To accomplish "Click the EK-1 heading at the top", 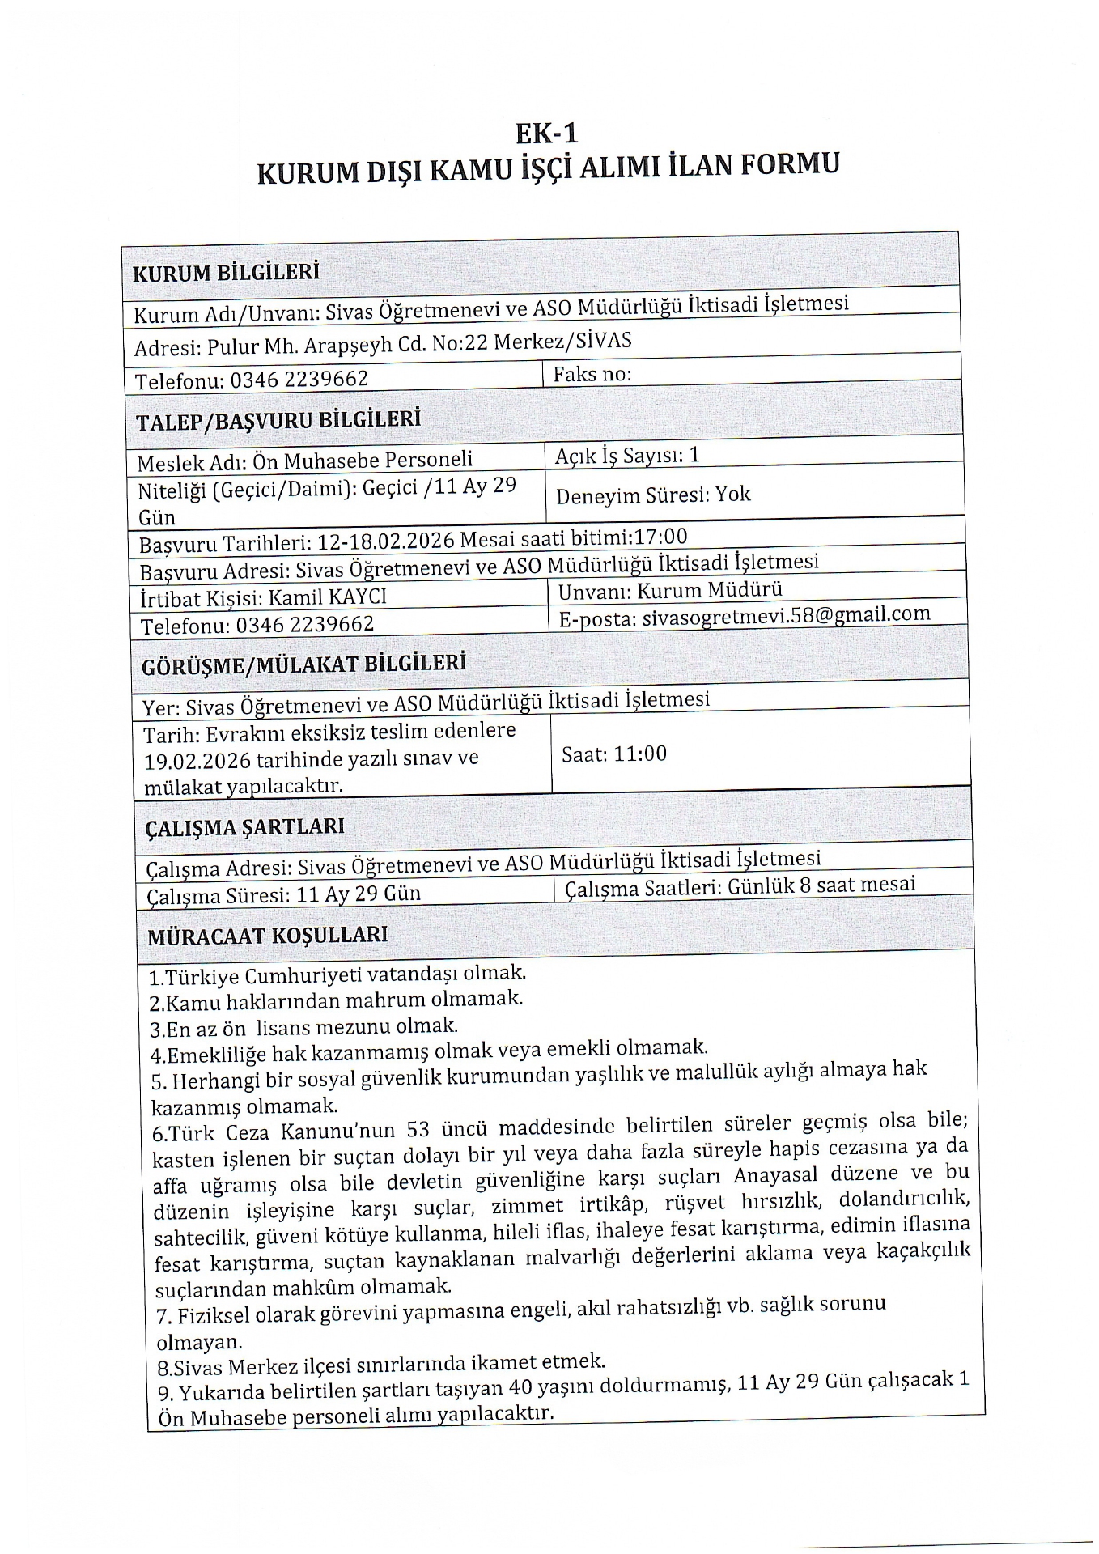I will pyautogui.click(x=548, y=131).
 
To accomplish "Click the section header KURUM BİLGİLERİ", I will pyautogui.click(x=226, y=272).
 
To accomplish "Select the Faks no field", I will pyautogui.click(x=592, y=374).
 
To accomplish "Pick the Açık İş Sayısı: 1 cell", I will pyautogui.click(x=626, y=456).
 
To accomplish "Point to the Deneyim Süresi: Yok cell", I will pyautogui.click(x=653, y=494).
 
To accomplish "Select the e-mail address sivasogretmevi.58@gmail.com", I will pyautogui.click(x=784, y=616).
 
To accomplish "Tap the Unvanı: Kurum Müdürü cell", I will pyautogui.click(x=670, y=590).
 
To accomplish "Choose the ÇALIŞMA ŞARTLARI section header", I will pyautogui.click(x=244, y=826).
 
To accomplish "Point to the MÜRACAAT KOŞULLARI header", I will pyautogui.click(x=267, y=936).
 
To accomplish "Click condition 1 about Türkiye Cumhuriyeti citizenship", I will pyautogui.click(x=337, y=974).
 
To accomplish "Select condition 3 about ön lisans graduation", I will pyautogui.click(x=303, y=1027).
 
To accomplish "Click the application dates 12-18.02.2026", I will pyautogui.click(x=386, y=539).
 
